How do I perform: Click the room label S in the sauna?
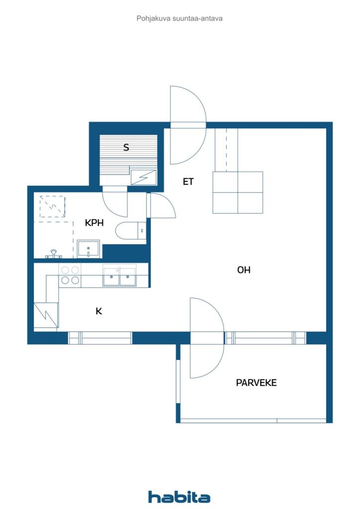click(x=126, y=147)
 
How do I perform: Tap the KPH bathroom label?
click(x=94, y=223)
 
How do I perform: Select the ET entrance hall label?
click(x=187, y=182)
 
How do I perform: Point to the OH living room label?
click(x=244, y=270)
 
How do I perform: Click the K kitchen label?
click(x=99, y=311)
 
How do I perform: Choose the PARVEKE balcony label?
click(x=256, y=383)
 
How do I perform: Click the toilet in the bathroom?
click(x=129, y=232)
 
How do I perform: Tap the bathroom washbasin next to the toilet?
click(x=89, y=249)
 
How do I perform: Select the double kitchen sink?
click(x=119, y=276)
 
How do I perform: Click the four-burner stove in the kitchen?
click(x=70, y=275)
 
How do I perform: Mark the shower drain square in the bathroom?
click(x=52, y=206)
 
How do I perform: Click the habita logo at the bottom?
click(x=179, y=497)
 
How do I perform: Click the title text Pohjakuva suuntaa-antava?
click(x=180, y=18)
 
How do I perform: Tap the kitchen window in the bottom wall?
click(x=100, y=338)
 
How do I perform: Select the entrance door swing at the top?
click(x=187, y=124)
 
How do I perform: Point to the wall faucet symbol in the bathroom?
click(x=54, y=254)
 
